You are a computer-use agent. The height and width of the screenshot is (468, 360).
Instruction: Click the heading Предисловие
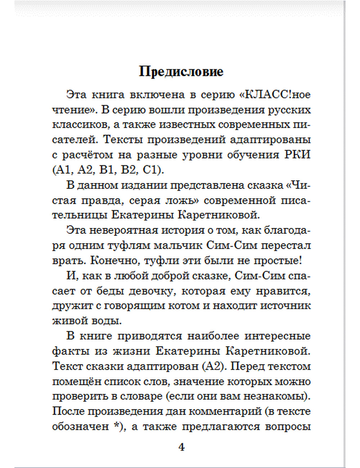point(181,72)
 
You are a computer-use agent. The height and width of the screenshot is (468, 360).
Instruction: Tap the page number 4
point(181,447)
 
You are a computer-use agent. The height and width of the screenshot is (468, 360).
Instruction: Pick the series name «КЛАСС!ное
point(274,95)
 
